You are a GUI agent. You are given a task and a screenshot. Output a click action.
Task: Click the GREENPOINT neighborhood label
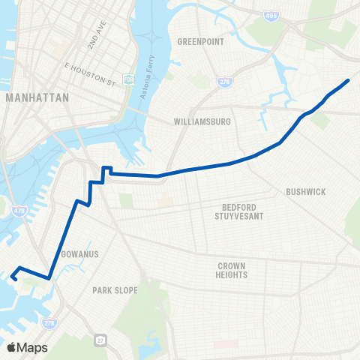200,42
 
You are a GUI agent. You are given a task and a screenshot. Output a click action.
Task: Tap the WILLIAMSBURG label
201,121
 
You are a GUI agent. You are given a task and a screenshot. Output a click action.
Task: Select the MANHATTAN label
36,98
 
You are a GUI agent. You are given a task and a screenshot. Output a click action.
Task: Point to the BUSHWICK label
305,192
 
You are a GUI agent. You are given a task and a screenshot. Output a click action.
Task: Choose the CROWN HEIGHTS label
232,270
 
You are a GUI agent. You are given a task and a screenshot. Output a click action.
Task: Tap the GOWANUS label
81,254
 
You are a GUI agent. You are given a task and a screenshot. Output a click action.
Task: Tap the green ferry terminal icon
129,79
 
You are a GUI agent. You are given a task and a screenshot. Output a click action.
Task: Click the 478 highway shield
17,213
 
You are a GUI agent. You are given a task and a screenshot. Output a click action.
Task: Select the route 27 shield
101,340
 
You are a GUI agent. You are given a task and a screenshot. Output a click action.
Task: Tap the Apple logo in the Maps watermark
12,347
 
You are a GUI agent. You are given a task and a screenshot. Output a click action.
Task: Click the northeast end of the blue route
349,79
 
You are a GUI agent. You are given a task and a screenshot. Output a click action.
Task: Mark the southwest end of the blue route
13,277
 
